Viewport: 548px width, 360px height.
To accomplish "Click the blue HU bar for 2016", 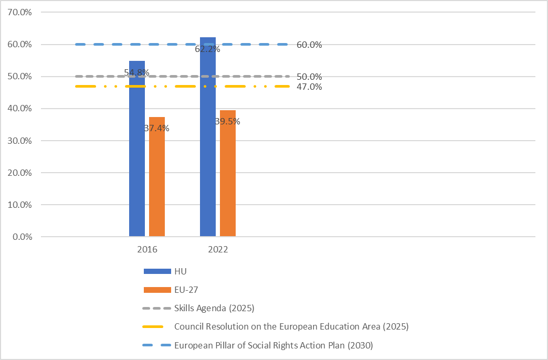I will pyautogui.click(x=137, y=157).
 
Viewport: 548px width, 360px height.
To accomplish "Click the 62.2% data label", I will pyautogui.click(x=207, y=50).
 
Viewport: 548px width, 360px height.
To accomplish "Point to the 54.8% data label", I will pyautogui.click(x=136, y=72).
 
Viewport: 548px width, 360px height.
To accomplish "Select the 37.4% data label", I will pyautogui.click(x=156, y=128).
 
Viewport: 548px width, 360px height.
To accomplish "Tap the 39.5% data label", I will pyautogui.click(x=227, y=122).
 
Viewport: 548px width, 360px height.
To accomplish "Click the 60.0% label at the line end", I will pyautogui.click(x=309, y=45).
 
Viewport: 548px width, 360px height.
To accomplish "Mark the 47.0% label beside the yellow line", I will pyautogui.click(x=309, y=87).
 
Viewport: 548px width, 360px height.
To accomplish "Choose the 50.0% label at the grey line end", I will pyautogui.click(x=309, y=77).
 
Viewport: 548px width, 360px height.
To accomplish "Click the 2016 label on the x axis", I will pyautogui.click(x=147, y=250).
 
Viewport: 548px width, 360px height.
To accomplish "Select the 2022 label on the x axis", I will pyautogui.click(x=218, y=250).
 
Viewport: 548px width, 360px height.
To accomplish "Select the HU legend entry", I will pyautogui.click(x=180, y=271).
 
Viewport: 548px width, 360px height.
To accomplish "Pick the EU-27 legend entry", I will pyautogui.click(x=186, y=290).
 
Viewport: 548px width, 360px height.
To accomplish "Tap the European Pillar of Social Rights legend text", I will pyautogui.click(x=273, y=345).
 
